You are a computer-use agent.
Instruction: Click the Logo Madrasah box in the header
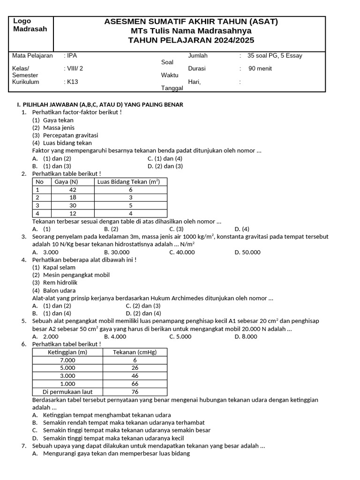click(x=31, y=33)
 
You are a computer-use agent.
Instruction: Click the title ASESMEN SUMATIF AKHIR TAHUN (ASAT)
click(x=191, y=22)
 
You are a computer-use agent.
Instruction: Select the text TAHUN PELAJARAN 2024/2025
click(x=191, y=40)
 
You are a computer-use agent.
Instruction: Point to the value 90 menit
click(x=260, y=68)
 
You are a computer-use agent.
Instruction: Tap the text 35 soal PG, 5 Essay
click(x=275, y=56)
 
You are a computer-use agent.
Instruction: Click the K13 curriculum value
click(x=73, y=82)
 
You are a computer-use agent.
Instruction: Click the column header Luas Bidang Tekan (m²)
click(x=131, y=182)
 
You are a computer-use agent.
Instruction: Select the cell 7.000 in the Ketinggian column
click(x=67, y=360)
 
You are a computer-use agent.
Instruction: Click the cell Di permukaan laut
click(x=67, y=392)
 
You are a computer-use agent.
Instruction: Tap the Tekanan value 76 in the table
click(x=135, y=392)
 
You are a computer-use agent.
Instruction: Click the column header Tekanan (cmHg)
click(x=135, y=352)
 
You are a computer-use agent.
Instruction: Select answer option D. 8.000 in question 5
click(x=246, y=337)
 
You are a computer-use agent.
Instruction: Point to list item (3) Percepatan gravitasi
click(x=65, y=135)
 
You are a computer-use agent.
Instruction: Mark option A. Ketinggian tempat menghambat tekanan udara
click(x=102, y=415)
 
